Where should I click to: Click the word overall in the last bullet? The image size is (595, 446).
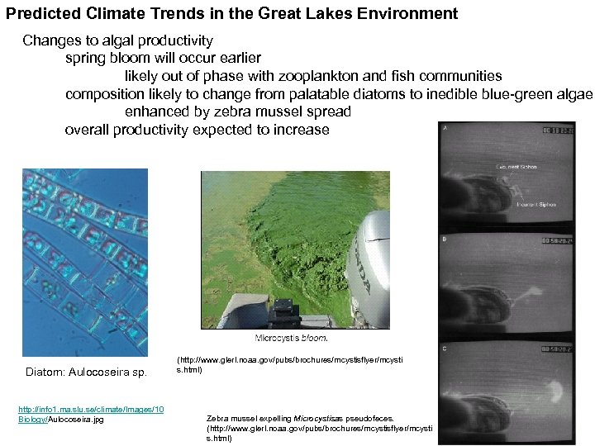88,130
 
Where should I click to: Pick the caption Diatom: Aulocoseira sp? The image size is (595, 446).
87,372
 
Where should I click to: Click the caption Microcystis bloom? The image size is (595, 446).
292,338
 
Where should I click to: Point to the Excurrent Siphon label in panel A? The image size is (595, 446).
516,167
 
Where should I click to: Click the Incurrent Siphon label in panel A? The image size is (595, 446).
535,204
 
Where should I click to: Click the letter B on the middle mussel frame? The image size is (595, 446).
446,240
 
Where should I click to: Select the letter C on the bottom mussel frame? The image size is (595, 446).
446,348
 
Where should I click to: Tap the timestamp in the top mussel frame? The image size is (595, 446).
559,130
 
